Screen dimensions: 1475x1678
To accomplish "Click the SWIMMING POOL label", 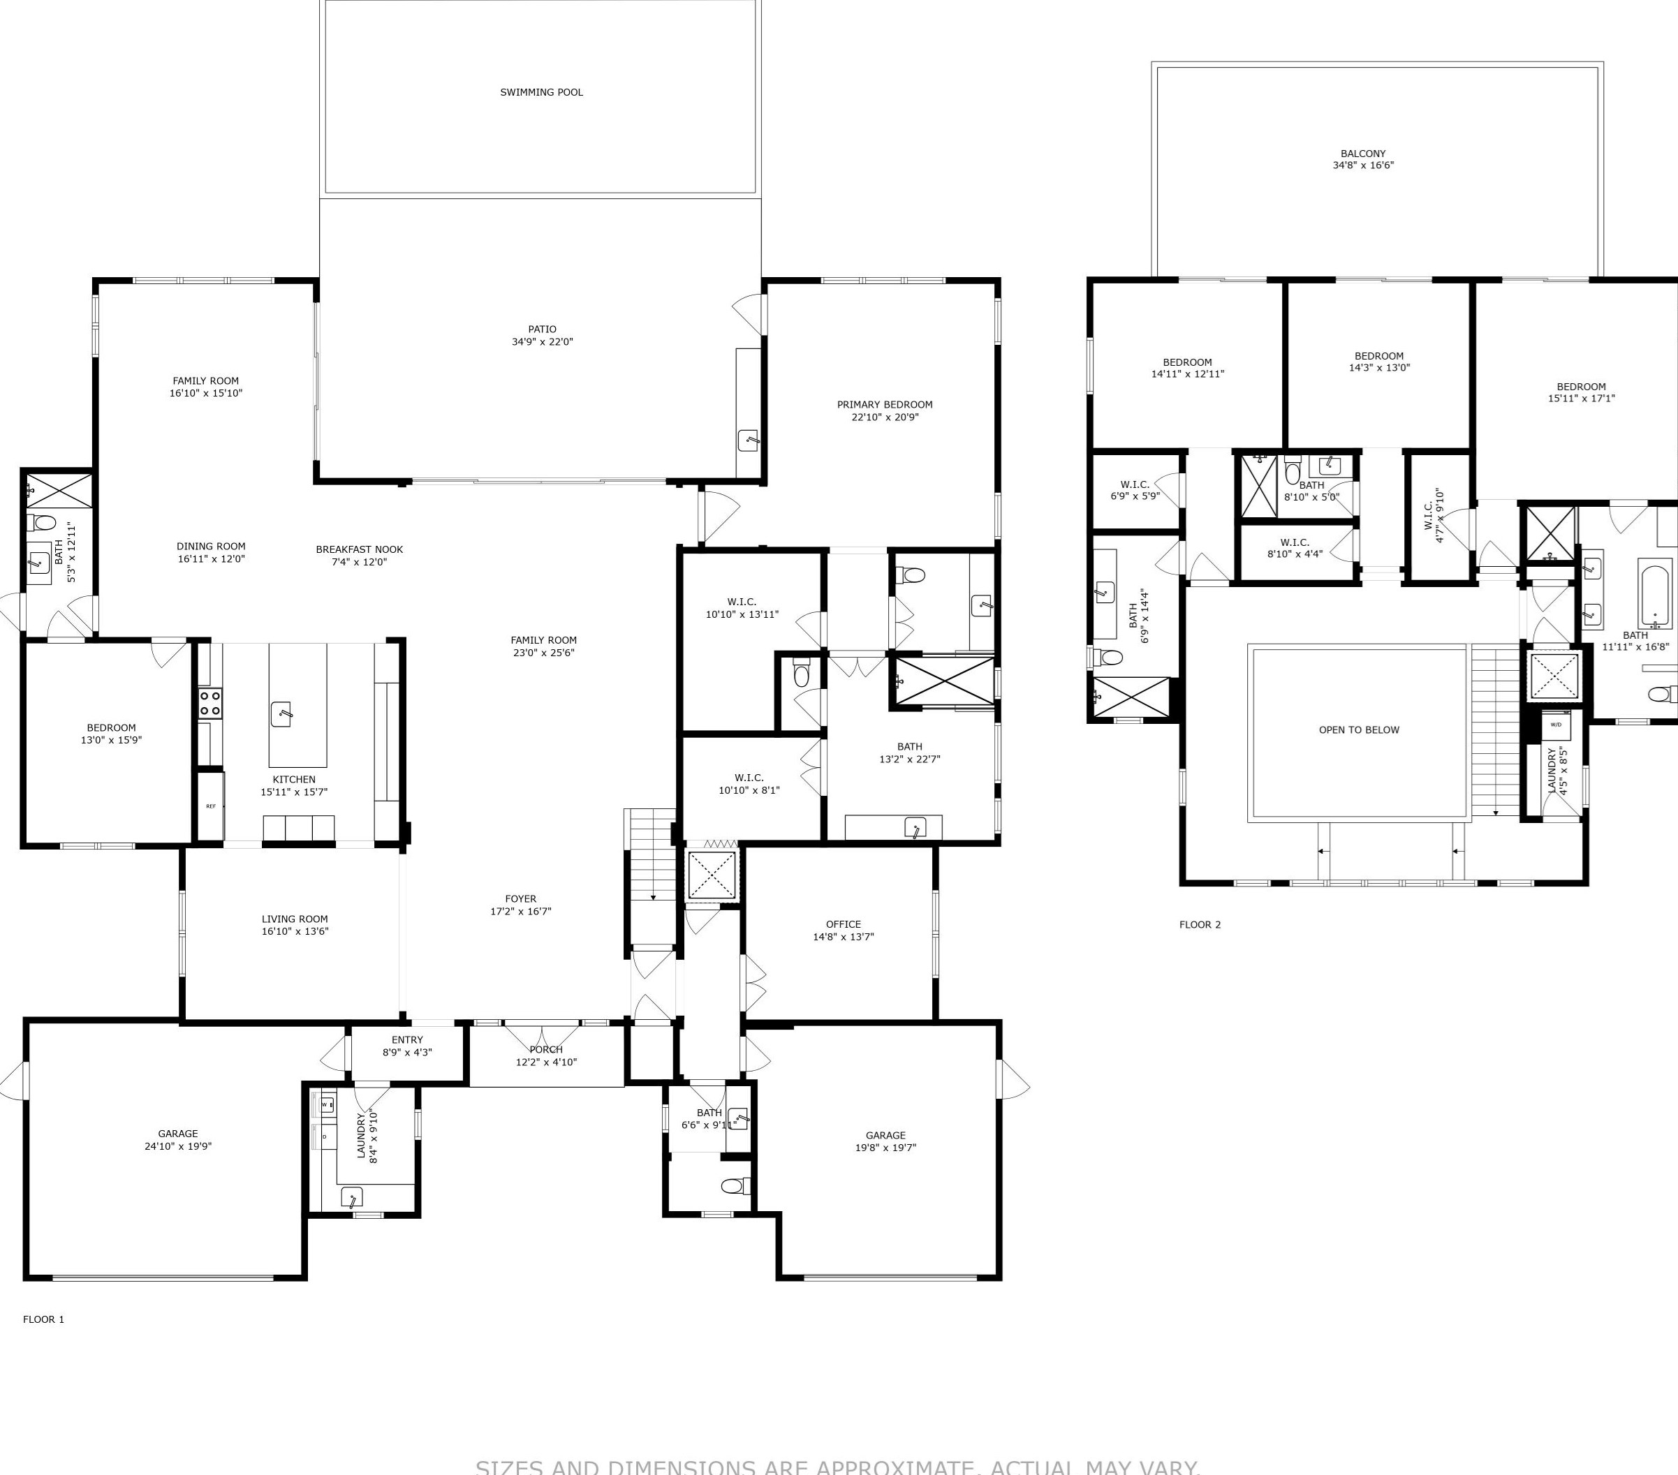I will (x=541, y=92).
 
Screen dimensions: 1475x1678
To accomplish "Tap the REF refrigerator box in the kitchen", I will (x=211, y=806).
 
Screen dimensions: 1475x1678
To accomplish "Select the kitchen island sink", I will (x=281, y=713).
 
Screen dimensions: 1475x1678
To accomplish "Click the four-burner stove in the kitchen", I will (x=210, y=704).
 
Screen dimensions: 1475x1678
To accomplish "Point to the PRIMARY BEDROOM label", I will (x=884, y=405).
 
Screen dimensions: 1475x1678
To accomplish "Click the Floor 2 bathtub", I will (x=1654, y=596).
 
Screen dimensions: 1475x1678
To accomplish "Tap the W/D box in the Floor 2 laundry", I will (x=1556, y=725).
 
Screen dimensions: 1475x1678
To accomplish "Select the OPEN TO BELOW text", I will (x=1359, y=729).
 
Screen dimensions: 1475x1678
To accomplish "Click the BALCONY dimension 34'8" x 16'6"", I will (x=1363, y=165).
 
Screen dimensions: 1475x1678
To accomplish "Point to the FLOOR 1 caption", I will (x=43, y=1319).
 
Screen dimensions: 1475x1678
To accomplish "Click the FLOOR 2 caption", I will (x=1200, y=924).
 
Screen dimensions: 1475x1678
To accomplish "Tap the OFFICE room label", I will (x=843, y=924).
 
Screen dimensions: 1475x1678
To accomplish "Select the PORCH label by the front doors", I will (x=546, y=1049).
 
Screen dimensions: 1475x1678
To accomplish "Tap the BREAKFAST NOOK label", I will (x=359, y=549).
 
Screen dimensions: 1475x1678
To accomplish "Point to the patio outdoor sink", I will (x=748, y=440).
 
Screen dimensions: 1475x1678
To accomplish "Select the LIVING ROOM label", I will (x=295, y=919).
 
